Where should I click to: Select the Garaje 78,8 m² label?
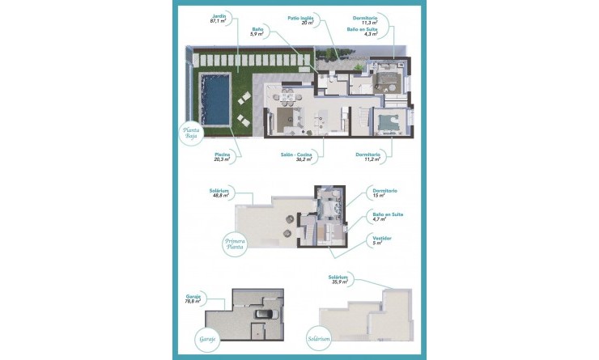click(215, 299)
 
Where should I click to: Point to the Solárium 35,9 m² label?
click(339, 279)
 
